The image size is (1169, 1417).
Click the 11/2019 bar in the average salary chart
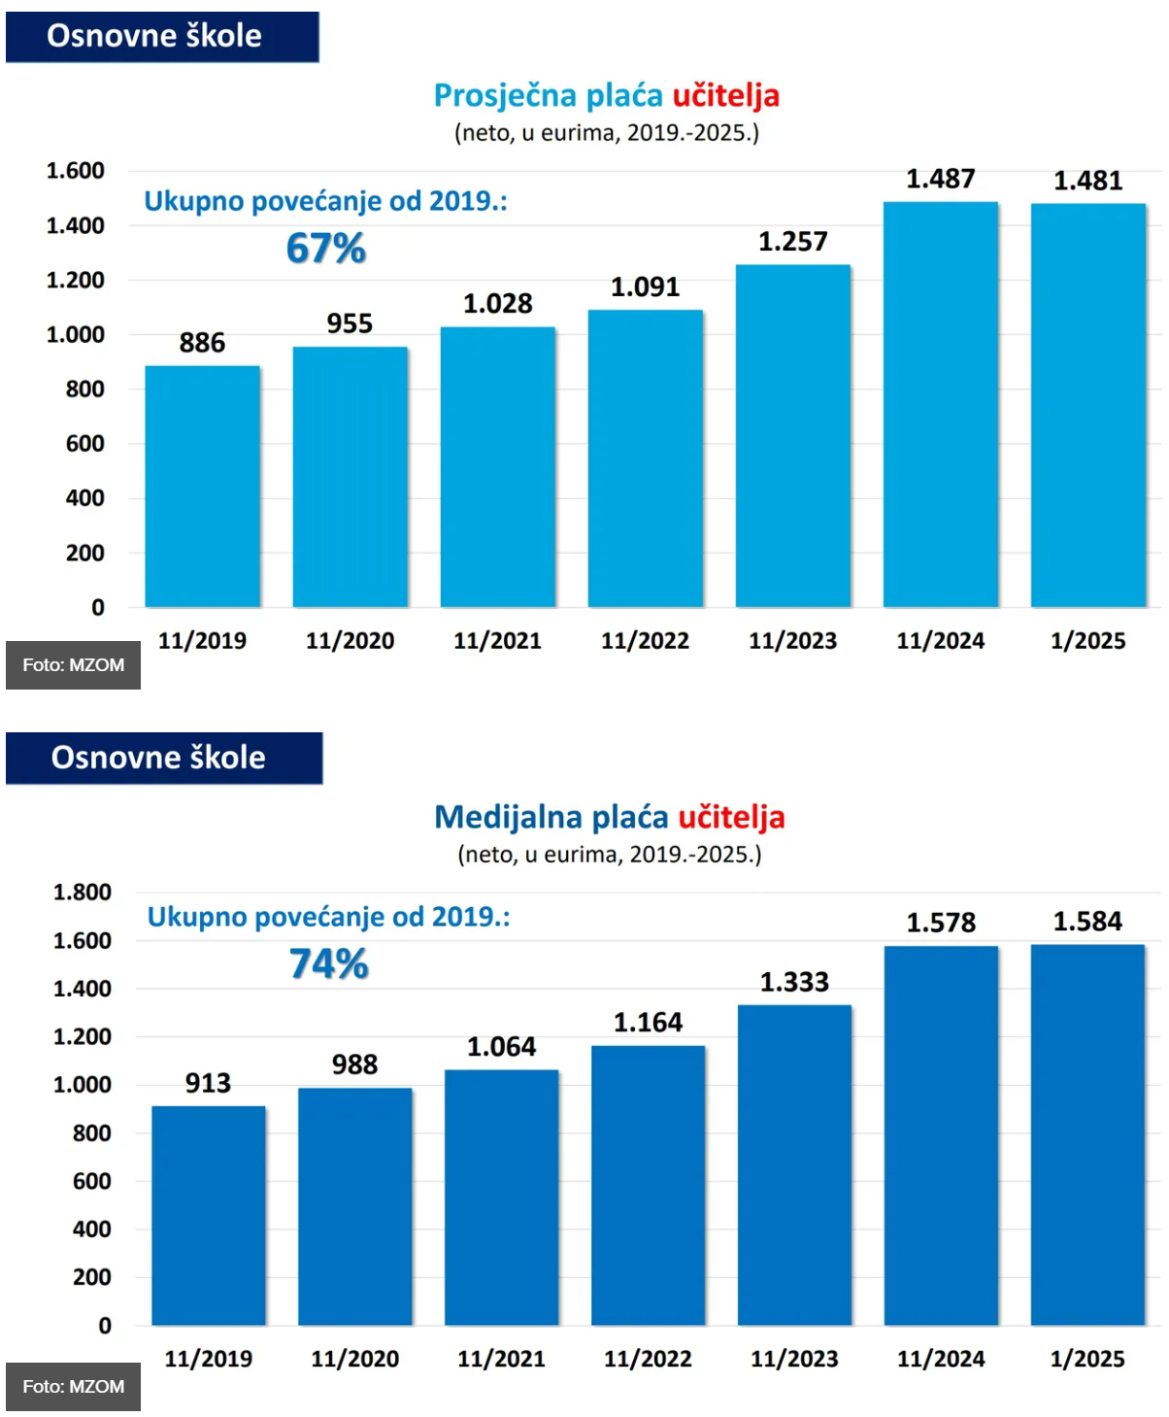pos(202,486)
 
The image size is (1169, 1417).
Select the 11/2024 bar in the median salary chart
pos(941,1134)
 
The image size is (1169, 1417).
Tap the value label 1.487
pos(941,179)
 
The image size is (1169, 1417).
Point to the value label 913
pos(209,1083)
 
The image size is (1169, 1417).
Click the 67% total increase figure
pos(325,248)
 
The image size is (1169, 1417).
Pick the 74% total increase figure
pos(329,963)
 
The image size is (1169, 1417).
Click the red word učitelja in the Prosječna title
pos(726,96)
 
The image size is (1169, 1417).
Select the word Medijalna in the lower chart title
pos(508,817)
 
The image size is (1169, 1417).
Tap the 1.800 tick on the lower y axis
pos(83,892)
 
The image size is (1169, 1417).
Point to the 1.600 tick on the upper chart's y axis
pos(76,170)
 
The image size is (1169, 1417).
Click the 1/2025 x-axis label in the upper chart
pos(1087,641)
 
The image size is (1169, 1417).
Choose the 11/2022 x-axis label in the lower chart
pos(648,1359)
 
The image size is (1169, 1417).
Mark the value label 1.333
pos(794,982)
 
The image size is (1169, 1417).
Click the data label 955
pos(350,323)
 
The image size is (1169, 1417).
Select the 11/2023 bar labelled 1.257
pos(792,436)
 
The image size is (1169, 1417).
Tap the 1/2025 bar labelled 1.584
pos(1086,1134)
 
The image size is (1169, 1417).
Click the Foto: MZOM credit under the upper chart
pos(73,665)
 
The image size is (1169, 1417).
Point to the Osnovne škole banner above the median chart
pos(164,759)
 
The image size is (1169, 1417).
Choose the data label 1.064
pos(501,1046)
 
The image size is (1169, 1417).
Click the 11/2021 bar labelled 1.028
pos(497,467)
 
